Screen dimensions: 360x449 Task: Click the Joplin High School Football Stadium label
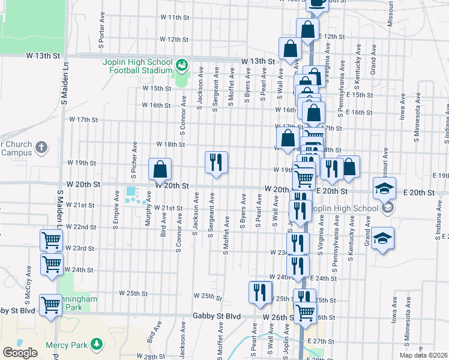point(140,65)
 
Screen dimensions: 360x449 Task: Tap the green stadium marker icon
point(181,64)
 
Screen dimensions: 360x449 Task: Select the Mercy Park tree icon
point(96,344)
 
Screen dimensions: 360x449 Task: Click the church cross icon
point(41,147)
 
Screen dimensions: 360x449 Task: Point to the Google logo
point(20,353)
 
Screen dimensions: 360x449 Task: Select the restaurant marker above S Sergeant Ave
point(216,163)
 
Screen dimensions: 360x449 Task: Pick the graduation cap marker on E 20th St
point(384,188)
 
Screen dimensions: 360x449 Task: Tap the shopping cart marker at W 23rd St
point(52,241)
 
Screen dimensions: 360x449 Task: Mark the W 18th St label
point(170,145)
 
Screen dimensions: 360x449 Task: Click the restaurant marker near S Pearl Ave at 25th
point(260,292)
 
